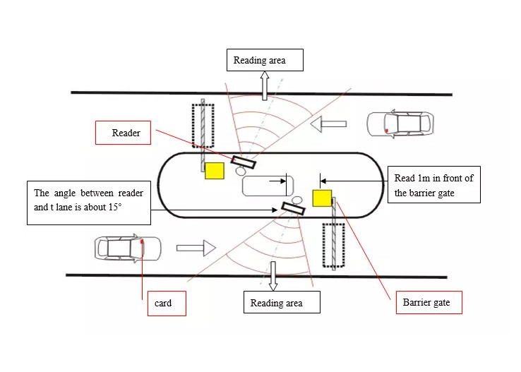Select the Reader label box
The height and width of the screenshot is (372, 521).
(x=124, y=133)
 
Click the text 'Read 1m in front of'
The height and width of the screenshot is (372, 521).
(x=433, y=178)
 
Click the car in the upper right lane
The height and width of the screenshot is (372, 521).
(x=399, y=124)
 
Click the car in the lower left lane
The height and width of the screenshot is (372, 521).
(x=128, y=248)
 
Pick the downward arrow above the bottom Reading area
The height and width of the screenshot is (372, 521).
(x=273, y=276)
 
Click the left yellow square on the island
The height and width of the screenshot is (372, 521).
(x=214, y=171)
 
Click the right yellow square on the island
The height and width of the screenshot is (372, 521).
(x=322, y=198)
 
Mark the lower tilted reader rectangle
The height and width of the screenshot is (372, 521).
(x=293, y=208)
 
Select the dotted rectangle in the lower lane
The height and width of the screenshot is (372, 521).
(x=333, y=245)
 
